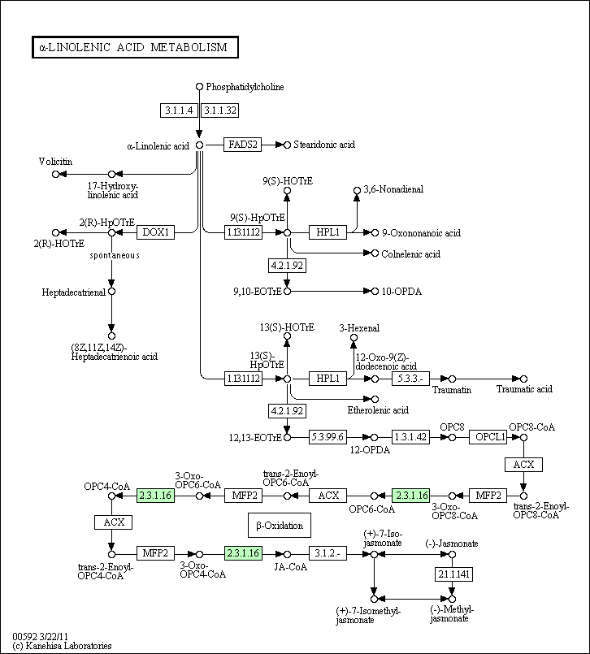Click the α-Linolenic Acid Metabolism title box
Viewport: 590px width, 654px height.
[135, 48]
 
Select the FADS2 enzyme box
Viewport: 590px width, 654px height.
[242, 145]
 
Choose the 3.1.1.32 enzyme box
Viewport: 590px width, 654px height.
[219, 109]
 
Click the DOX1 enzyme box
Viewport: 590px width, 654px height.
[155, 232]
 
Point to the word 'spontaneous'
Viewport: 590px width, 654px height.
[115, 255]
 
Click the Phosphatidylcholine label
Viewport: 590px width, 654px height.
[245, 87]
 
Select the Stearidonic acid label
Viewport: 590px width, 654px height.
[324, 145]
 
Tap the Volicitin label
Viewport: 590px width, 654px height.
[55, 162]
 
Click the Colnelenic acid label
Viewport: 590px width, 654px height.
[410, 253]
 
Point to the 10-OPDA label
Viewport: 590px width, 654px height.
[402, 291]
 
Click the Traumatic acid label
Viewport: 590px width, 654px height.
[524, 389]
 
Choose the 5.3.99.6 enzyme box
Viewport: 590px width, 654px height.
[328, 437]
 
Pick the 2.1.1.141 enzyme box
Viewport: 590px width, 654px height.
[453, 574]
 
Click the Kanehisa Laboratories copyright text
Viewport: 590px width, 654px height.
[63, 646]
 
